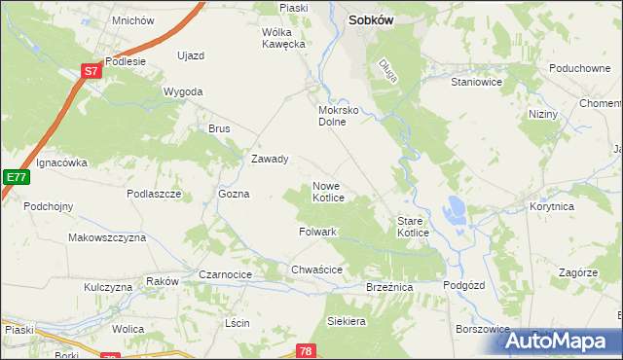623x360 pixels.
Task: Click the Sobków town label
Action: pyautogui.click(x=376, y=18)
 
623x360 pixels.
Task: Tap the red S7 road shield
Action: pyautogui.click(x=91, y=71)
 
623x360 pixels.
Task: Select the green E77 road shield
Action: pyautogui.click(x=15, y=177)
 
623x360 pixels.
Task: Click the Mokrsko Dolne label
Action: pyautogui.click(x=339, y=116)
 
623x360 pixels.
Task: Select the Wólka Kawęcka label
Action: pyautogui.click(x=284, y=38)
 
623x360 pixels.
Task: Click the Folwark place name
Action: pyautogui.click(x=317, y=233)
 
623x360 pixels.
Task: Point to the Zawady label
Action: pyautogui.click(x=270, y=160)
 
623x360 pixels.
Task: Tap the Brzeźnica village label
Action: pyautogui.click(x=389, y=288)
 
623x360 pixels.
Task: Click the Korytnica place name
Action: pyautogui.click(x=553, y=207)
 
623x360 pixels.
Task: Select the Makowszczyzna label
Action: pyautogui.click(x=107, y=237)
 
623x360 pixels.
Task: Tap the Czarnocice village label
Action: pyautogui.click(x=226, y=275)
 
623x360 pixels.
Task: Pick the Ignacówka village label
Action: pyautogui.click(x=62, y=162)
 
